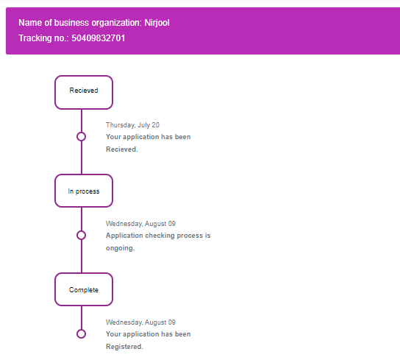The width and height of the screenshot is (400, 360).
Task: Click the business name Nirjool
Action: [x=157, y=23]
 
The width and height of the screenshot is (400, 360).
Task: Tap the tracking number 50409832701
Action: [x=99, y=38]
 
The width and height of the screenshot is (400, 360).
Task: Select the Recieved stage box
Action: [x=84, y=92]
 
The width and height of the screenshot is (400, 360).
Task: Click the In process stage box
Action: [x=84, y=191]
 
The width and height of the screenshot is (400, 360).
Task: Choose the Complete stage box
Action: [x=84, y=289]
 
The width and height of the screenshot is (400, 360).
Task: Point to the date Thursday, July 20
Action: [x=132, y=125]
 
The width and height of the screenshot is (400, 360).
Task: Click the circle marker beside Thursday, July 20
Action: [x=81, y=137]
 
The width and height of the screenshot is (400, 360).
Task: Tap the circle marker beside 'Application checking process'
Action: [x=81, y=236]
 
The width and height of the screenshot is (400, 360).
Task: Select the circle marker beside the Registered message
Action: [x=81, y=334]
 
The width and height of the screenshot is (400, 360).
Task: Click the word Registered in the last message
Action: [x=124, y=347]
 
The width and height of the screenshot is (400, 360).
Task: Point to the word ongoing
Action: [x=119, y=248]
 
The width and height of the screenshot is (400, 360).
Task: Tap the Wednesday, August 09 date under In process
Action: [x=141, y=224]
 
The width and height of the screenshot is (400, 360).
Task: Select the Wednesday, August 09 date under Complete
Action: [x=141, y=322]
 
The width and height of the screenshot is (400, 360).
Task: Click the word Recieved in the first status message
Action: [x=121, y=149]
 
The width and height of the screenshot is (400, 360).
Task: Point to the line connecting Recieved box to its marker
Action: [x=82, y=121]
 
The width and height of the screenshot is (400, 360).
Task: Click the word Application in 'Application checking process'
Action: [x=124, y=236]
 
